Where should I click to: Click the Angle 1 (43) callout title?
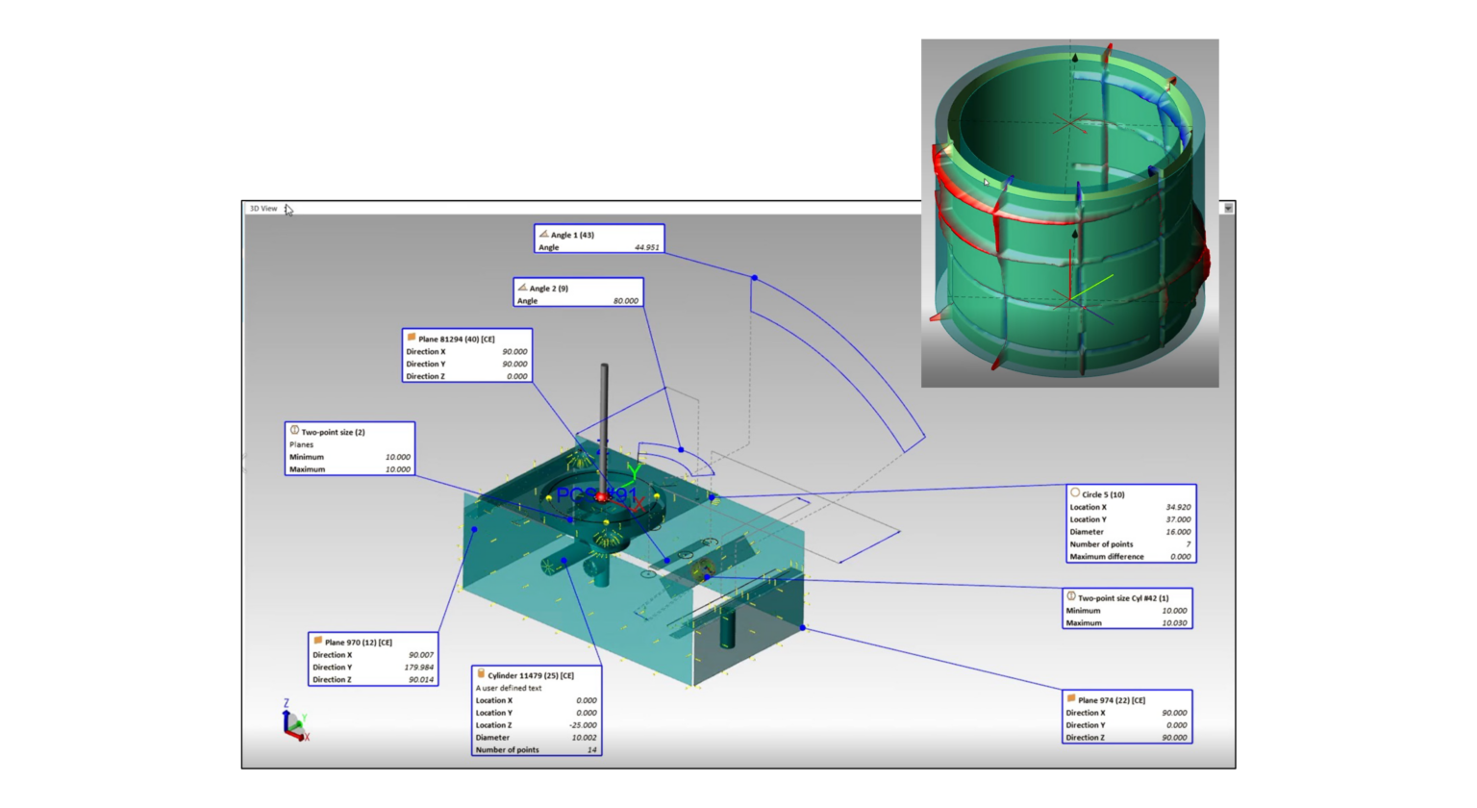(x=572, y=235)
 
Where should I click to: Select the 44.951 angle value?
(x=646, y=247)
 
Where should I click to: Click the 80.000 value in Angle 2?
(x=625, y=301)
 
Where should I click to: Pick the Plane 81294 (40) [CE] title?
(x=456, y=340)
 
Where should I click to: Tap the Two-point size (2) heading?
(x=333, y=432)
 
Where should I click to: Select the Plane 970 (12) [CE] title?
(x=358, y=643)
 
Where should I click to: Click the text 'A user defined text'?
(x=509, y=688)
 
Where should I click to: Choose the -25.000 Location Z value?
(x=582, y=725)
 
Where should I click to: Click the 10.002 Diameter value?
(x=584, y=738)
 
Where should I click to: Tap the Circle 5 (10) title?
(x=1103, y=494)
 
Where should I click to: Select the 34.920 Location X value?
(x=1178, y=507)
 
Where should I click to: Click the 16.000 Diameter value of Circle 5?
(x=1178, y=532)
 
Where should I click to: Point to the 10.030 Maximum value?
(x=1174, y=623)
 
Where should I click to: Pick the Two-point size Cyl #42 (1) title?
(x=1122, y=598)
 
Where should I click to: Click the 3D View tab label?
(x=263, y=209)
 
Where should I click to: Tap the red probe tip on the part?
(x=601, y=496)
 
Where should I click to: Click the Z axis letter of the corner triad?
(x=286, y=704)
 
